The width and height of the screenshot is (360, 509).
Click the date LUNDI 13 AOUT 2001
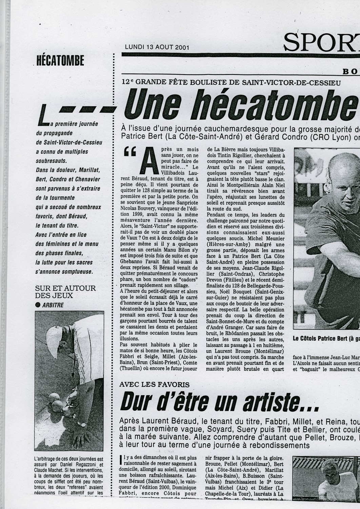157,47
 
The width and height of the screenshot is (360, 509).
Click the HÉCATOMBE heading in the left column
60,61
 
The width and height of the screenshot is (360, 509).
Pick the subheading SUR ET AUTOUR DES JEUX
65,291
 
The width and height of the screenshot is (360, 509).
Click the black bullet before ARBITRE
38,305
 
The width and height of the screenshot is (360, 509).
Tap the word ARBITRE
53,305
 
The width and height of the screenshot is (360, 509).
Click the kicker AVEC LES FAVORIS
154,384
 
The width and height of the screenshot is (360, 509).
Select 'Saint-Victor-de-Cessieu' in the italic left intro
69,142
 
